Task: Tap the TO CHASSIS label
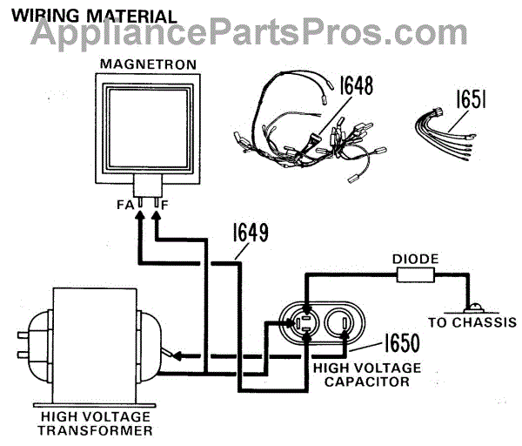pyautogui.click(x=472, y=322)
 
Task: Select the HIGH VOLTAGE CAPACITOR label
pyautogui.click(x=358, y=375)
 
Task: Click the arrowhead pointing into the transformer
pyautogui.click(x=174, y=355)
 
